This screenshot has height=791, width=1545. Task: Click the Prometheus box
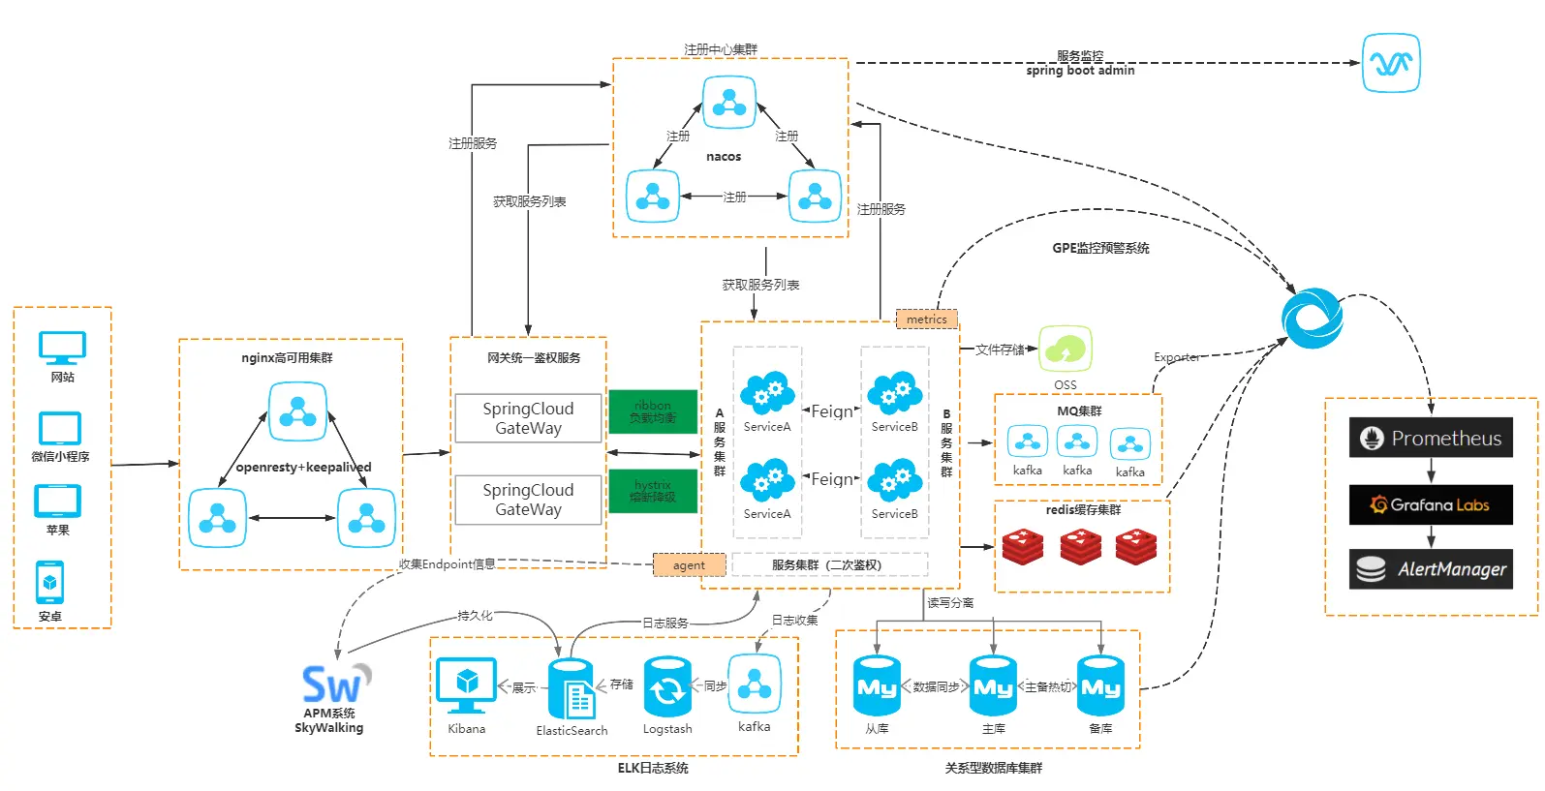1431,438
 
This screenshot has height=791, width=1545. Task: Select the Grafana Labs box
1431,504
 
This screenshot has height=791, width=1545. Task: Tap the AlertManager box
1431,569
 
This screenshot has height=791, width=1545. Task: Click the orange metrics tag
927,319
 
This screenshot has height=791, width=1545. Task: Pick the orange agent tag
689,565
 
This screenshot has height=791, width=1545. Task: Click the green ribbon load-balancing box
653,411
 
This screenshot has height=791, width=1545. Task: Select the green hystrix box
653,491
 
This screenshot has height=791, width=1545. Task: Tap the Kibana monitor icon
466,685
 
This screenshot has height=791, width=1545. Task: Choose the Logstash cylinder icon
667,687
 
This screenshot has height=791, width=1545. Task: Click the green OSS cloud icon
1066,350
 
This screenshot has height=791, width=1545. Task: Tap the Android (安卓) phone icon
50,582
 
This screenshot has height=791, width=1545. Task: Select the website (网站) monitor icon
62,348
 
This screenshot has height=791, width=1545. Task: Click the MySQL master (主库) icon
994,686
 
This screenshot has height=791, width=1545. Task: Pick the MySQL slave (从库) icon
877,686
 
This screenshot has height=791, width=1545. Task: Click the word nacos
724,157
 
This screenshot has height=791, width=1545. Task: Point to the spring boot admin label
1080,71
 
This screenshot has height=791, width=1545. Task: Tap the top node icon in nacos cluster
728,103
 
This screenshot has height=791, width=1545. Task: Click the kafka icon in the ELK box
754,684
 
